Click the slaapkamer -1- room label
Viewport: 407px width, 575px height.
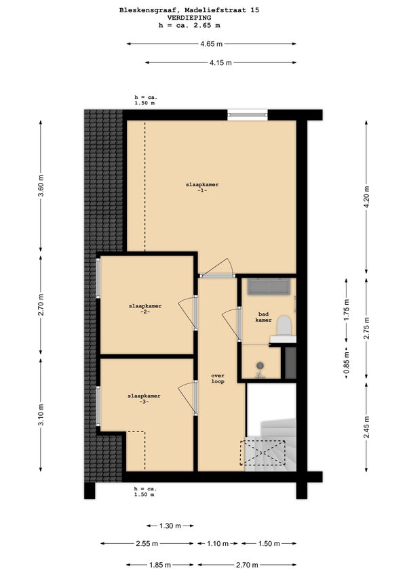tap(202, 188)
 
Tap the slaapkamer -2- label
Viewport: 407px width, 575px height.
tap(145, 309)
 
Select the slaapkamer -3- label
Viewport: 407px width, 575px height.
tap(144, 399)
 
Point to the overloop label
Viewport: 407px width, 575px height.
tap(218, 379)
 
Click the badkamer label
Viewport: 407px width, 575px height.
tap(264, 317)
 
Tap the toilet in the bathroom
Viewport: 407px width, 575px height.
tap(284, 325)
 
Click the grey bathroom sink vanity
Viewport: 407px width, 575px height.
tap(269, 286)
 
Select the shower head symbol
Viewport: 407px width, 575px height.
tap(260, 368)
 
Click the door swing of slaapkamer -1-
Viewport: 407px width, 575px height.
tap(220, 268)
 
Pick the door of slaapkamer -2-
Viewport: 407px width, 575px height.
tap(188, 312)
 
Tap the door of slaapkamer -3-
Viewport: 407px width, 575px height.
tap(188, 398)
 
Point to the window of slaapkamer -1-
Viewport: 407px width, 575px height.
tap(248, 114)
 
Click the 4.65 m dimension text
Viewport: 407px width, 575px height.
tap(211, 44)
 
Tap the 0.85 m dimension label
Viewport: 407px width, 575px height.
tap(347, 362)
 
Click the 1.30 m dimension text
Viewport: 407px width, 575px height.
tap(170, 526)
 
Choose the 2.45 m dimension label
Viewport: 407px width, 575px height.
tap(366, 427)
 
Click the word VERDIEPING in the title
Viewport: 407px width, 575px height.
tap(189, 18)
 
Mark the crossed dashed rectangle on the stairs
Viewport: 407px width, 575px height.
tap(263, 453)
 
